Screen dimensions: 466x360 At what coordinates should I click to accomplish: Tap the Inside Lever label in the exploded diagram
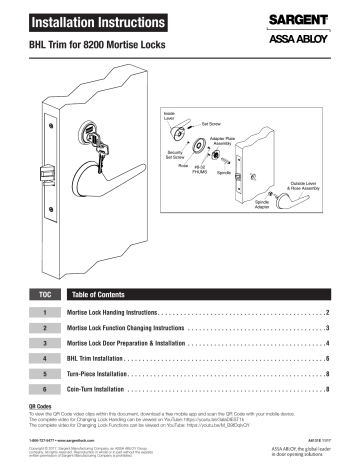(170, 115)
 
